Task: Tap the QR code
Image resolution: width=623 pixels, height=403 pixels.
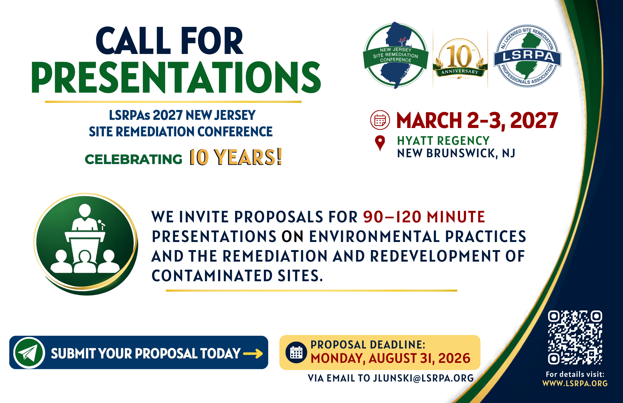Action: (x=575, y=337)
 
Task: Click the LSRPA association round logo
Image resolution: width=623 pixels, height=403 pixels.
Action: (x=528, y=56)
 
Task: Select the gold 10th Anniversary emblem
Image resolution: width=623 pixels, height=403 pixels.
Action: (x=460, y=58)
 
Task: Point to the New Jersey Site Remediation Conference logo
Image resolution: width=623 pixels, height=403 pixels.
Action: (x=396, y=55)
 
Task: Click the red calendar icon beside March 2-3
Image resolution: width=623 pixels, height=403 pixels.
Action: (x=380, y=120)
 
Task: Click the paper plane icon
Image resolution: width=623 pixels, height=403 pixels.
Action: (x=29, y=353)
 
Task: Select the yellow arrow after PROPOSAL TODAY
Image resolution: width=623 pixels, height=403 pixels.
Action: (x=253, y=353)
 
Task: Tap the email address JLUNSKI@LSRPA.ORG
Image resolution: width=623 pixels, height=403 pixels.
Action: (x=424, y=378)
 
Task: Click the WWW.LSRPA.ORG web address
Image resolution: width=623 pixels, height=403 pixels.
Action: (x=575, y=383)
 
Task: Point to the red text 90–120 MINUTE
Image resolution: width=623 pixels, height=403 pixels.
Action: (x=424, y=217)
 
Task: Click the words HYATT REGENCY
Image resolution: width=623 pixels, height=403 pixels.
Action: (x=443, y=141)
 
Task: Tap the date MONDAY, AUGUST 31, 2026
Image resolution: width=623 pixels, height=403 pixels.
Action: (x=391, y=358)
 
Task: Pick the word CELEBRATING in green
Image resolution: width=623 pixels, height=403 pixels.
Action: (x=133, y=159)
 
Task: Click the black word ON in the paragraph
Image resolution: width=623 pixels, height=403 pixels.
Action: (x=292, y=236)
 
